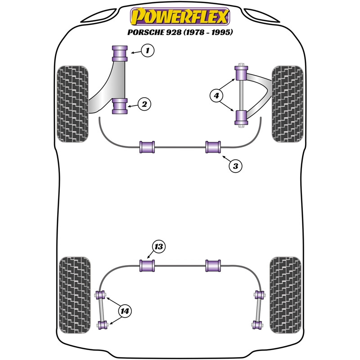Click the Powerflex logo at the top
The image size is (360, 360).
pos(180,17)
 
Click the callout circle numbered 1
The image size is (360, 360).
pos(148,50)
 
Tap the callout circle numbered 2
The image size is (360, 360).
pos(144,104)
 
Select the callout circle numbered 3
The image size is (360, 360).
pos(235,166)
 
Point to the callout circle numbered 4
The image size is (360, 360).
pos(216,95)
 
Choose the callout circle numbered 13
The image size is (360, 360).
pos(159,247)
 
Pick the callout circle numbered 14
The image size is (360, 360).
pos(125,311)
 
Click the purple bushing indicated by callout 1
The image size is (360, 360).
pos(120,54)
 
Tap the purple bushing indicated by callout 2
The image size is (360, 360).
pos(120,106)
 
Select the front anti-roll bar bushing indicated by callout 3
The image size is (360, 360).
pos(213,147)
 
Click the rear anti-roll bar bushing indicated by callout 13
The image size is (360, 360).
pos(147,265)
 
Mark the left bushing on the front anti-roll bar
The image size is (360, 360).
pos(147,147)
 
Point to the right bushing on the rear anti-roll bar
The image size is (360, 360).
pos(213,265)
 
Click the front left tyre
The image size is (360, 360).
pos(72,104)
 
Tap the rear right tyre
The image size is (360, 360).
pos(286,295)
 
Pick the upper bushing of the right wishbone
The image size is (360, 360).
pos(241,73)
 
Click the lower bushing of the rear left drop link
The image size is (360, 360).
pos(102,324)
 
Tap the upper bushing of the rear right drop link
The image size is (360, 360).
pos(259,295)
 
